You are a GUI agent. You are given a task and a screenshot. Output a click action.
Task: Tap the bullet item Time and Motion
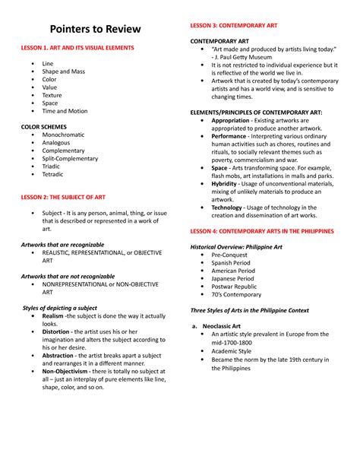[65, 111]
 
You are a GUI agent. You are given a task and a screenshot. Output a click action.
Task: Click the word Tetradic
[54, 174]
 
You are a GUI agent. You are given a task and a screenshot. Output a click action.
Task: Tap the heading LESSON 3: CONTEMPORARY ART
[233, 25]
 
